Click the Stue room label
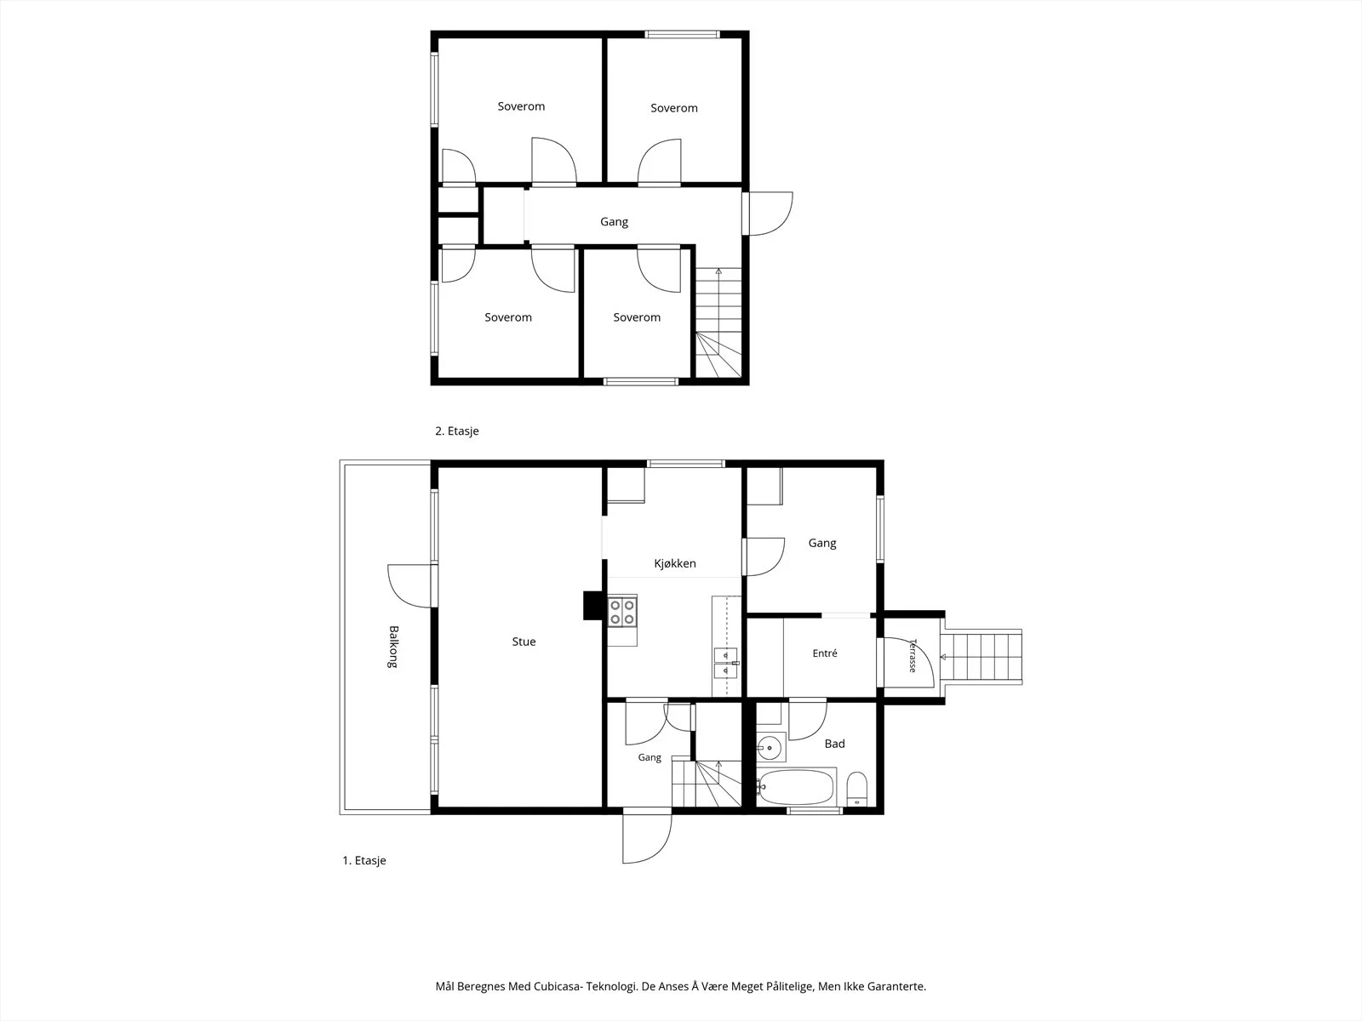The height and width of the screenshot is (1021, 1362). pyautogui.click(x=524, y=642)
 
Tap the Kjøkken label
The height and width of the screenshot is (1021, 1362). pyautogui.click(x=675, y=563)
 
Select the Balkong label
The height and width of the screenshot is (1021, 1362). pyautogui.click(x=392, y=647)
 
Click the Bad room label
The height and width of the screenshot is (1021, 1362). pyautogui.click(x=834, y=744)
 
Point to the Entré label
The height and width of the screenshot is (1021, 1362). pyautogui.click(x=825, y=653)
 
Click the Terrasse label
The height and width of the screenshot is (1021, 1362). pyautogui.click(x=913, y=655)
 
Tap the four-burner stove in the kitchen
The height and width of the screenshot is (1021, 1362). pyautogui.click(x=622, y=611)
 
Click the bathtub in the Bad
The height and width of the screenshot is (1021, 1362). pyautogui.click(x=795, y=787)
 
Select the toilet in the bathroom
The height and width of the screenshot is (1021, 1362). pyautogui.click(x=857, y=790)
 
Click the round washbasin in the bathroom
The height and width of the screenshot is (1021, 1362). pyautogui.click(x=770, y=748)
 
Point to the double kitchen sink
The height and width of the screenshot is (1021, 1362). pyautogui.click(x=725, y=663)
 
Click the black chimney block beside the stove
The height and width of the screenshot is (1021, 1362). pyautogui.click(x=592, y=606)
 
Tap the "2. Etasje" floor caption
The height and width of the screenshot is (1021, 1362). pyautogui.click(x=456, y=431)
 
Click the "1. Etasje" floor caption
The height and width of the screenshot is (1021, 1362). pyautogui.click(x=364, y=860)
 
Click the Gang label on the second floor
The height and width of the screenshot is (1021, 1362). pyautogui.click(x=614, y=221)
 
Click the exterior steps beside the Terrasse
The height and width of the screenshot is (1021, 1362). pyautogui.click(x=981, y=657)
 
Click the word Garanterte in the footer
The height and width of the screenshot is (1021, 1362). pyautogui.click(x=898, y=986)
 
